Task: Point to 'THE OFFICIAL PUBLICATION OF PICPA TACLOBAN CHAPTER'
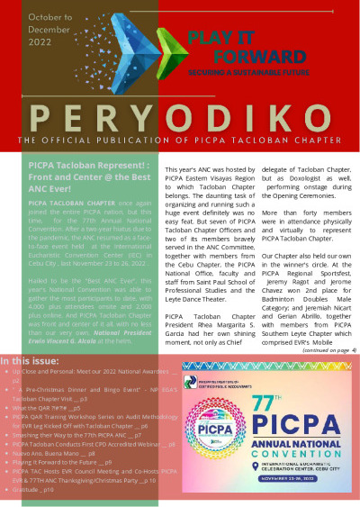[180, 142]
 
